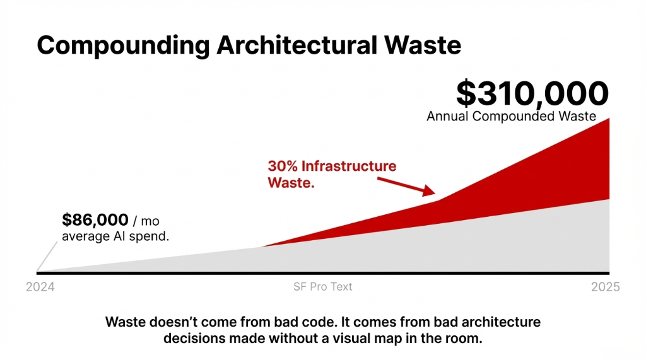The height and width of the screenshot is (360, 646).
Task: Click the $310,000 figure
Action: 532,93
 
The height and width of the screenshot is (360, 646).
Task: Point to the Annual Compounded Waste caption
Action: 511,117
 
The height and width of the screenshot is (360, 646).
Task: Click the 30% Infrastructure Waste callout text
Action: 332,174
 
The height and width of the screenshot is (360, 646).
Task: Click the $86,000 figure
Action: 95,220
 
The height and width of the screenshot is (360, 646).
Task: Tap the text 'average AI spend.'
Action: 115,236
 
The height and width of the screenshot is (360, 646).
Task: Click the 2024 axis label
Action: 40,287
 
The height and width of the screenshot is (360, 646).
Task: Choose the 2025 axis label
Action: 605,287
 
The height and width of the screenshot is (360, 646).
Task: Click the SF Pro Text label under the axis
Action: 323,287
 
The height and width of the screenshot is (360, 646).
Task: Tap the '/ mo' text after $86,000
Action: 146,221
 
